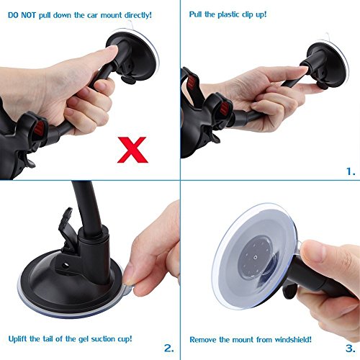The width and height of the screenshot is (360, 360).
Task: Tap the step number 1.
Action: click(x=350, y=171)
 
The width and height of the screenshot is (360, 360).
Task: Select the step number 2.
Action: click(x=168, y=348)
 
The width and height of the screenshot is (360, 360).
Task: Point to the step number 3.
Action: click(x=350, y=348)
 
